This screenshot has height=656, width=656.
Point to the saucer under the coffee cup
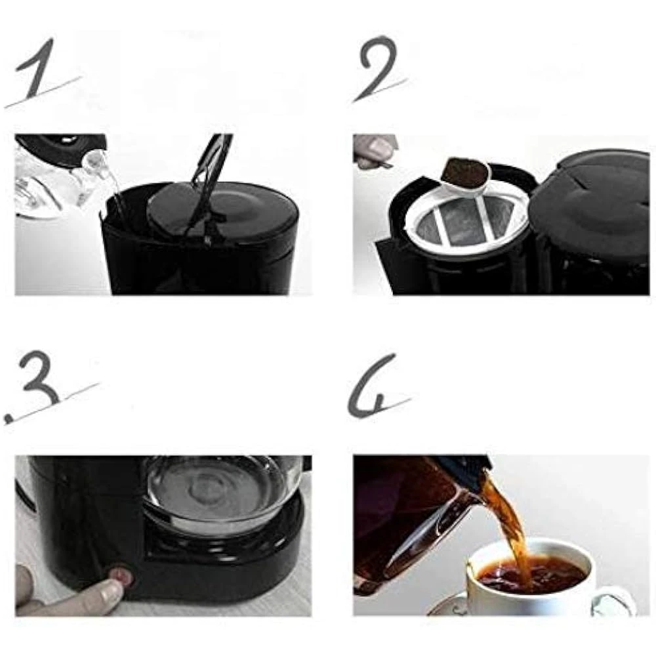tap(447, 607)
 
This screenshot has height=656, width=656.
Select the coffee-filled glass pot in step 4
tap(419, 519)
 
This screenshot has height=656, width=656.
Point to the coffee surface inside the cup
tap(531, 575)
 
